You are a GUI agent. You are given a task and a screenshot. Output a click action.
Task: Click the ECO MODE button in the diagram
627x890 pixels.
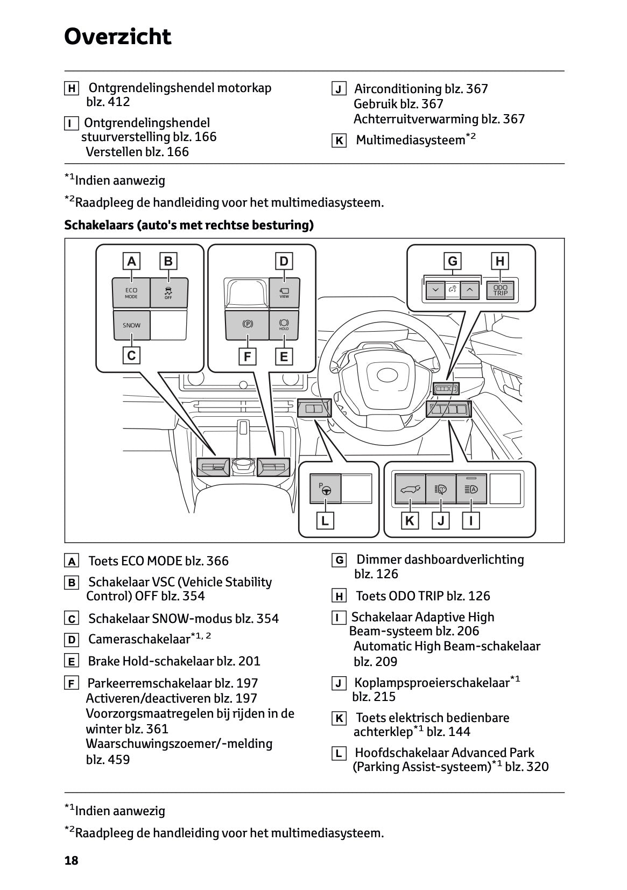click(x=131, y=293)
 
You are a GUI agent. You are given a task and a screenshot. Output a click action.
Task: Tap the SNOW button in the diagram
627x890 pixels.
click(x=131, y=325)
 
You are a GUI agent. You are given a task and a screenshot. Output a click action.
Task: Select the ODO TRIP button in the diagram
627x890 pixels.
click(x=500, y=290)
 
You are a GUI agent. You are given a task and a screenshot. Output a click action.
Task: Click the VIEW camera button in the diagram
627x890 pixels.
click(x=284, y=293)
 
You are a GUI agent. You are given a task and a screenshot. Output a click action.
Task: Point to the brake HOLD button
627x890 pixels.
click(x=284, y=325)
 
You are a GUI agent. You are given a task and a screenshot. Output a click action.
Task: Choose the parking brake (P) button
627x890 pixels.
click(x=248, y=325)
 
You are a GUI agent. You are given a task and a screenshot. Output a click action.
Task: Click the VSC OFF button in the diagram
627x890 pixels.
click(x=168, y=293)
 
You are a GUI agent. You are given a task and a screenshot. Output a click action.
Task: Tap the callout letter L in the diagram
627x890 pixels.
click(x=325, y=521)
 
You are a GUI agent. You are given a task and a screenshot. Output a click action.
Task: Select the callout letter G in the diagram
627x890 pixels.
click(x=452, y=261)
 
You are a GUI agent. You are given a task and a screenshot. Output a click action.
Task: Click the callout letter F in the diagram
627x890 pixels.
click(x=248, y=356)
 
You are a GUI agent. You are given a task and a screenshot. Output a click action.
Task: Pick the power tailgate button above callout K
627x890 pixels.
click(x=410, y=489)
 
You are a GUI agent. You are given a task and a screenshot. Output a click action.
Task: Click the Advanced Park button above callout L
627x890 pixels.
click(x=325, y=489)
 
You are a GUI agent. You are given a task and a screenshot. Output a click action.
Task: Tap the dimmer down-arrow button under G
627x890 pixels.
click(x=435, y=290)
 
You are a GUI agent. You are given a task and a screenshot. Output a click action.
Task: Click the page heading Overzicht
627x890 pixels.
click(x=117, y=37)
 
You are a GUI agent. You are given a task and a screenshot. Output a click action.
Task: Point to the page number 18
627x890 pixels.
click(x=72, y=860)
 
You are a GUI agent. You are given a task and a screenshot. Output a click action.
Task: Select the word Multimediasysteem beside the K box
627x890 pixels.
click(x=410, y=140)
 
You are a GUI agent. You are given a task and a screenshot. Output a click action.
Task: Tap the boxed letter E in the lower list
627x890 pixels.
click(x=72, y=662)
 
